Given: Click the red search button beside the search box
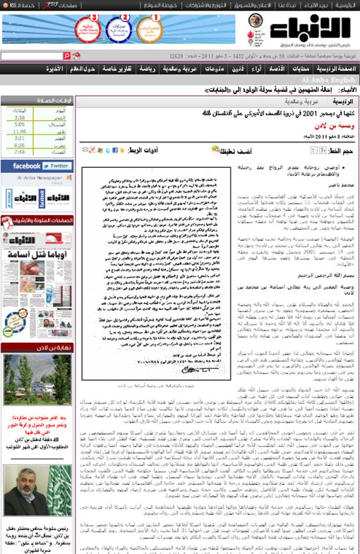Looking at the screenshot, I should pyautogui.click(x=67, y=56).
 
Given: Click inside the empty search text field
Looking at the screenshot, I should pyautogui.click(x=31, y=56).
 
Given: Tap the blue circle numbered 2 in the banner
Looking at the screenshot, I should pyautogui.click(x=119, y=29).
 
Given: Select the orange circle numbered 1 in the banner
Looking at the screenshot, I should pyautogui.click(x=149, y=29).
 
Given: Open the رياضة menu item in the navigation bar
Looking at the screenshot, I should pyautogui.click(x=146, y=69).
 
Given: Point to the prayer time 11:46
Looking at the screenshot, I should pyautogui.click(x=19, y=131).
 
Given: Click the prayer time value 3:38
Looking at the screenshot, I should pyautogui.click(x=19, y=117).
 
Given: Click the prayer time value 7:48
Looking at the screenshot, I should pyautogui.click(x=19, y=152).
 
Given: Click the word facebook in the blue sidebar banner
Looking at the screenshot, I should pyautogui.click(x=27, y=166).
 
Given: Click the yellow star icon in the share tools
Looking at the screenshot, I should pyautogui.click(x=121, y=150).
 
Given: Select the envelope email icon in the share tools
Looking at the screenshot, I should pyautogui.click(x=85, y=150).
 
